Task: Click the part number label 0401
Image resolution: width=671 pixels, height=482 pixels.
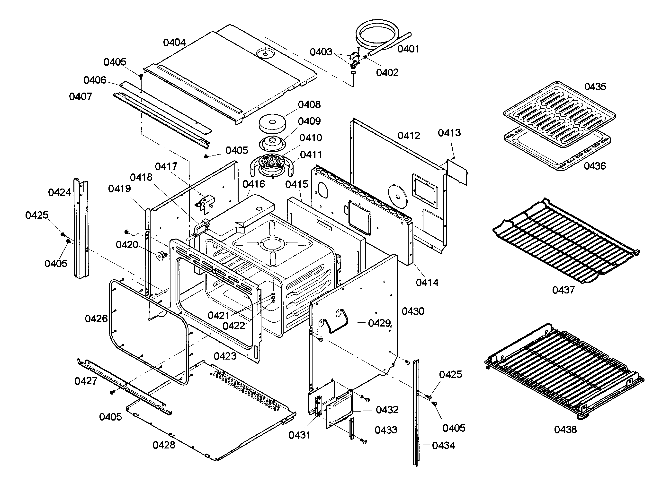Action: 408,49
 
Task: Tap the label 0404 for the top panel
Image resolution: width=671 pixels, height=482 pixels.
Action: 174,43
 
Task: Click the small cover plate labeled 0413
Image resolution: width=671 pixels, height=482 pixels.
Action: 457,172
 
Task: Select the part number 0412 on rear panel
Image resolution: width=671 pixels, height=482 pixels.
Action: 409,136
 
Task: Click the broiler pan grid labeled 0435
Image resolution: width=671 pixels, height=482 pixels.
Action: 559,114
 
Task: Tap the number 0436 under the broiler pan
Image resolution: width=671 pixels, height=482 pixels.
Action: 595,166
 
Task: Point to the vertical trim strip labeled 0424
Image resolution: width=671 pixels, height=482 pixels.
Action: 81,229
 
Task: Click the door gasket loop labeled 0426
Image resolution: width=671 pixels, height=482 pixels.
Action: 148,331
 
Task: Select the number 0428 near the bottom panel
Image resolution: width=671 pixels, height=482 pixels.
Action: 164,445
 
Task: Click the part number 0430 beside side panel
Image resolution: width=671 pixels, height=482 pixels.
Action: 413,311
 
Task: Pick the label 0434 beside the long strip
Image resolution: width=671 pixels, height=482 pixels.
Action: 443,446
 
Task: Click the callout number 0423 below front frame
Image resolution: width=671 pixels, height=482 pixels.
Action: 225,356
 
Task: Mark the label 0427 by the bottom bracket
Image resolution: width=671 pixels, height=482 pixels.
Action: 86,381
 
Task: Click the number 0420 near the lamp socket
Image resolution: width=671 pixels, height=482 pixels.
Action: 127,245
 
